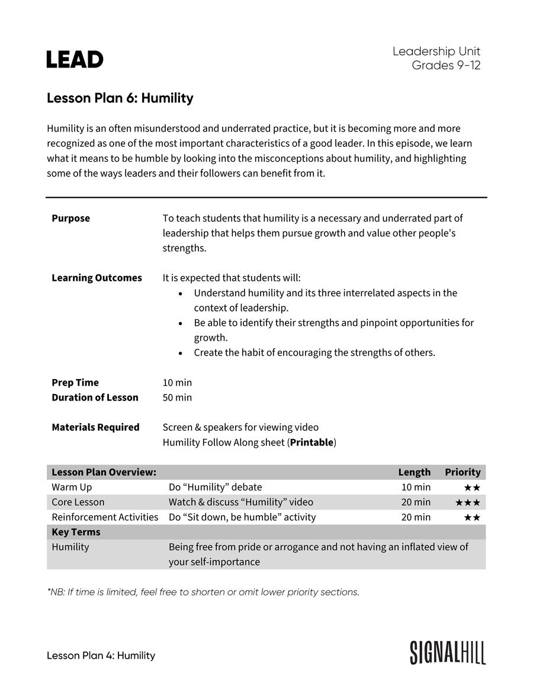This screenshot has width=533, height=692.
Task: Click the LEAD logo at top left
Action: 75,59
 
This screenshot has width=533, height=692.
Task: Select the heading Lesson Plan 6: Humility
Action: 120,98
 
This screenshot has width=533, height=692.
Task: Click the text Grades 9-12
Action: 446,65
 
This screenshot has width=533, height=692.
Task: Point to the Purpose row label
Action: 70,218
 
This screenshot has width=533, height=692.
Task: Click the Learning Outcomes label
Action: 97,278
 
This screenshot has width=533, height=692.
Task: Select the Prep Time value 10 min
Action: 177,383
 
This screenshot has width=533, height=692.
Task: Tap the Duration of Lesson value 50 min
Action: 177,398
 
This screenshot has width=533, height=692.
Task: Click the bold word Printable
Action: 312,443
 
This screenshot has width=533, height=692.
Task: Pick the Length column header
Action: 414,472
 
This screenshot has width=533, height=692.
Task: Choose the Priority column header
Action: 463,472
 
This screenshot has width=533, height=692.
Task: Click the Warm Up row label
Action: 72,487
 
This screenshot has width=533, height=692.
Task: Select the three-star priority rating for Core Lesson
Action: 468,502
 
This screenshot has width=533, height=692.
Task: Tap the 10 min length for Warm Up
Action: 416,487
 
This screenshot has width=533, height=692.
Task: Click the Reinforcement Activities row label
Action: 105,517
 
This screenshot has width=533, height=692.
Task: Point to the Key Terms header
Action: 76,532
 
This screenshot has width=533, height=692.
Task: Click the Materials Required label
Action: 95,427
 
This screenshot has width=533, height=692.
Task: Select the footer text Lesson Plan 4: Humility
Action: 101,655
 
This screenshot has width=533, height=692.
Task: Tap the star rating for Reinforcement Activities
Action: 472,517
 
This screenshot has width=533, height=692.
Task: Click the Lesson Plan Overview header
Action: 104,472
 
